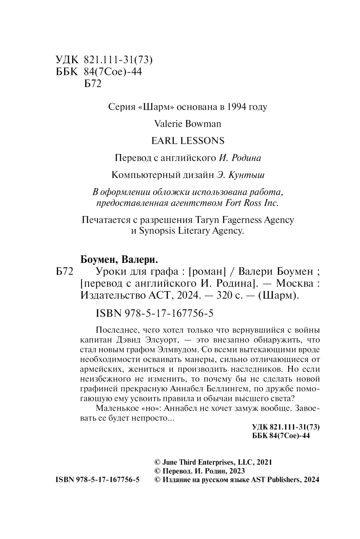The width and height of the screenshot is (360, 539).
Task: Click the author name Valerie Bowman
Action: [188, 124]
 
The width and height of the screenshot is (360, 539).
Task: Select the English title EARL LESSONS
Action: [188, 141]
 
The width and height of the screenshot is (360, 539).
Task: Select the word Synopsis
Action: [157, 231]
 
